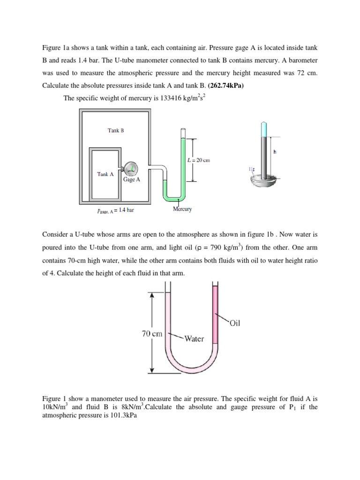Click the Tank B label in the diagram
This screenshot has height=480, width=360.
[116, 131]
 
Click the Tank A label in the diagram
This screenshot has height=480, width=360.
[105, 174]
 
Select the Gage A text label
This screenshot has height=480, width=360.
[132, 179]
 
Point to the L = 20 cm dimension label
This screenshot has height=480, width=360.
[198, 160]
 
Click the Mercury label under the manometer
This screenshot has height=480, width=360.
[182, 209]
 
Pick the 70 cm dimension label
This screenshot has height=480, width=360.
[152, 334]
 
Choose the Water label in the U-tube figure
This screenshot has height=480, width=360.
[194, 338]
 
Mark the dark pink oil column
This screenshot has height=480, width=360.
[216, 319]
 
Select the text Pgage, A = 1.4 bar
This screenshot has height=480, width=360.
[115, 210]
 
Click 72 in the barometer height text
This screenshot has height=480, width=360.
[294, 74]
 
